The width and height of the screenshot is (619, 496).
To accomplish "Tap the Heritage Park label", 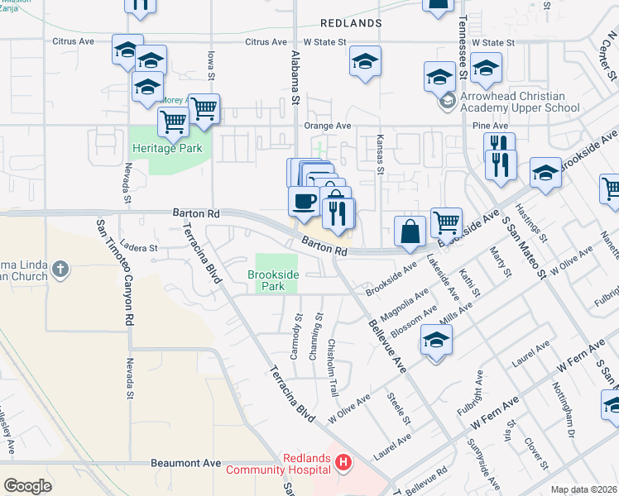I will pos(166,149).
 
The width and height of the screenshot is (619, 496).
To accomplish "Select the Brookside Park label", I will pos(272,280).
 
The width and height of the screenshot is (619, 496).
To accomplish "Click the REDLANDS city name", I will pos(351,23).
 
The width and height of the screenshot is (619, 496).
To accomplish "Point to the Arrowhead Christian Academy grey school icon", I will pos(448,101).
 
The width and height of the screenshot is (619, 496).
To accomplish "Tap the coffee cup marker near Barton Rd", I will pos(304,200).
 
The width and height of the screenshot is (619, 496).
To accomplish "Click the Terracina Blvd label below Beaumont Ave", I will pos(290,488).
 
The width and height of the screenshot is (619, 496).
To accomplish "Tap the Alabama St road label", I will pos(294,78).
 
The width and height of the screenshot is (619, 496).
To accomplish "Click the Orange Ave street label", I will pos(328,126).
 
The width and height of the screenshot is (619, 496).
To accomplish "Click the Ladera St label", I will pos(138,247).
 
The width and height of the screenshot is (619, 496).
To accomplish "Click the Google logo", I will pos(27,486).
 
